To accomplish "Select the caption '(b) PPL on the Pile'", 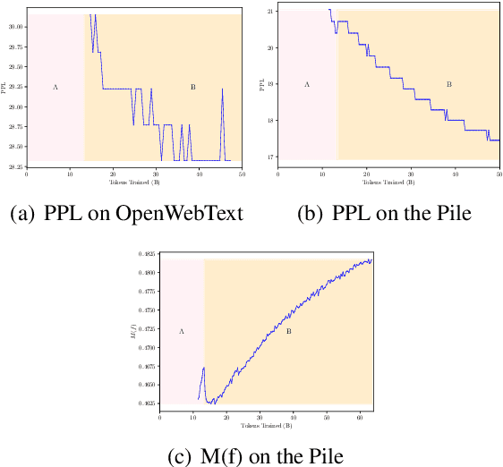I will tap(388, 214).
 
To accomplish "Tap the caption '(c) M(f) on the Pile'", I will tap(254, 455).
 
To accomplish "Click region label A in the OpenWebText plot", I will tap(55, 87).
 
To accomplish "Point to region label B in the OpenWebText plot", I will tap(192, 87).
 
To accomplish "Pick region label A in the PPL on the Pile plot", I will tap(307, 84).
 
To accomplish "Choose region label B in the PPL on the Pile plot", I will tap(448, 84).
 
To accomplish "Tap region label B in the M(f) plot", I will tap(288, 331).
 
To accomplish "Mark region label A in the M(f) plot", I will tap(182, 331).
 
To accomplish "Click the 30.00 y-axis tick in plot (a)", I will tap(15, 27).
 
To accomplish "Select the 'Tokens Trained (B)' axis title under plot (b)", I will tap(388, 182).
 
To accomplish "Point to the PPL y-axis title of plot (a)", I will tap(4, 87).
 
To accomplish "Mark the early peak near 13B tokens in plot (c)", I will tap(203, 368).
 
